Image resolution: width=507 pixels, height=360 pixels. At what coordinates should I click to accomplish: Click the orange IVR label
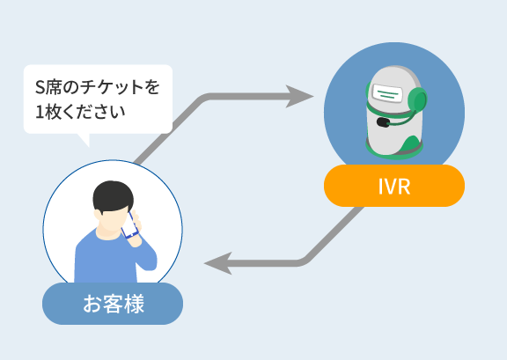(394, 186)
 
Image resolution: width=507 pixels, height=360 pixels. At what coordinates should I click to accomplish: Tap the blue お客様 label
(113, 304)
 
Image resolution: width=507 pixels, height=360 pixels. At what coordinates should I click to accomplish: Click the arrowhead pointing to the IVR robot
(299, 97)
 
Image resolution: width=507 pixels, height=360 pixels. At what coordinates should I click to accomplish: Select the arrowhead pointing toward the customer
(218, 263)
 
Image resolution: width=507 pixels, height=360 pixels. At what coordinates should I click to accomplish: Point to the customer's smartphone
(129, 225)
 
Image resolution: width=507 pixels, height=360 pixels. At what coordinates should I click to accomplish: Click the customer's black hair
(113, 196)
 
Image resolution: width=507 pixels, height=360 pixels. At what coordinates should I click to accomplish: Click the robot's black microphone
(383, 122)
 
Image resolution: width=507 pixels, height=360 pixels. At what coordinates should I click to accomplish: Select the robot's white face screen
(387, 92)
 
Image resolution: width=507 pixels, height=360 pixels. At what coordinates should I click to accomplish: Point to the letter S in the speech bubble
(40, 87)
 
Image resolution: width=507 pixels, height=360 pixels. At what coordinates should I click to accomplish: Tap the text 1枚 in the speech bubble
(47, 112)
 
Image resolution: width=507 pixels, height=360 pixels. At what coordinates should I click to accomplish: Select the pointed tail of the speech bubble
(84, 140)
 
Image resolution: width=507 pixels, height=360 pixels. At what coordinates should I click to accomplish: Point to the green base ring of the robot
(394, 152)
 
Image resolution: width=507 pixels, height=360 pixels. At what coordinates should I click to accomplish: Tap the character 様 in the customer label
(134, 304)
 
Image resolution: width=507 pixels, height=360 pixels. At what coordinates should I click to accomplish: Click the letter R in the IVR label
(405, 187)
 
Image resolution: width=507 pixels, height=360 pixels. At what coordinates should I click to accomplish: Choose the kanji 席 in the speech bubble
(53, 87)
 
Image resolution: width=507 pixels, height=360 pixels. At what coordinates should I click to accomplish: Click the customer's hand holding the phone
(136, 229)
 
